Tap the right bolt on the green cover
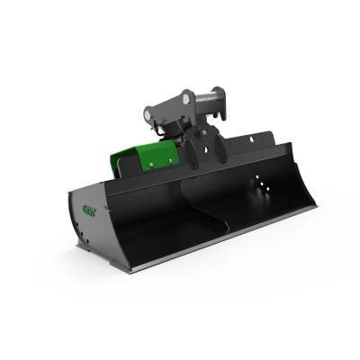click(167, 161)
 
